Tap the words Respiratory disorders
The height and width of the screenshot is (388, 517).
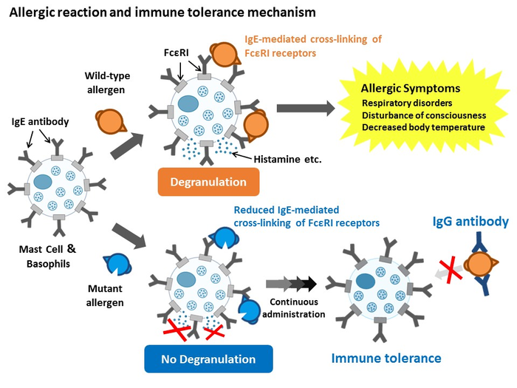pyautogui.click(x=407, y=103)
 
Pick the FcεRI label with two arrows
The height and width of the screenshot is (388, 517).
pyautogui.click(x=179, y=53)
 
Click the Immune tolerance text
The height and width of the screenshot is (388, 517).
pyautogui.click(x=386, y=358)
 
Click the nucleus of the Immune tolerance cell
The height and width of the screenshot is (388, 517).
pyautogui.click(x=364, y=281)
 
